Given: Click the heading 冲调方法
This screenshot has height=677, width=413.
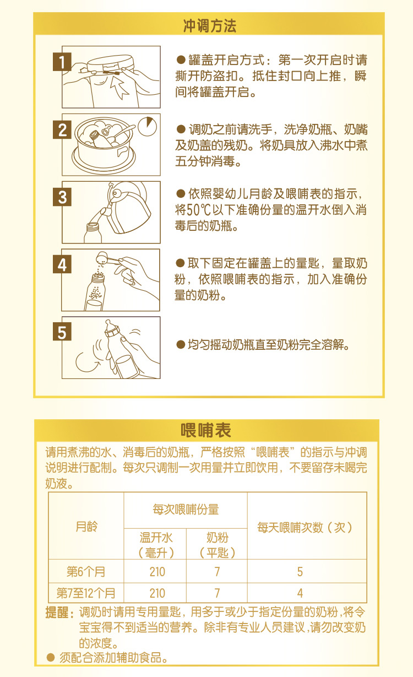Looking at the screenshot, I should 210,25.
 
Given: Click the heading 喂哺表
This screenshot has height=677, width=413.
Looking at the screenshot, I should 206,430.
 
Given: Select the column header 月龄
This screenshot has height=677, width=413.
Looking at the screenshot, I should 86,527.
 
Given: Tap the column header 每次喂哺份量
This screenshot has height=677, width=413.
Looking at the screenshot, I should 186,510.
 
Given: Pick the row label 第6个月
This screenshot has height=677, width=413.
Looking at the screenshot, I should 86,571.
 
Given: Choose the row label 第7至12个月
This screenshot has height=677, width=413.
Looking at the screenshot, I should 86,593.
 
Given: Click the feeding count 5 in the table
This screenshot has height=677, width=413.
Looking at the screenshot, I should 300,572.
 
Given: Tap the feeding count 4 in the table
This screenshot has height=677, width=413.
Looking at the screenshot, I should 300,593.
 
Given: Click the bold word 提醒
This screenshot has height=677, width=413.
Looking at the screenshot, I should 58,613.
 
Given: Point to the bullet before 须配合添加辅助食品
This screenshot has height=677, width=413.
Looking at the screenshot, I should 51,657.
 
